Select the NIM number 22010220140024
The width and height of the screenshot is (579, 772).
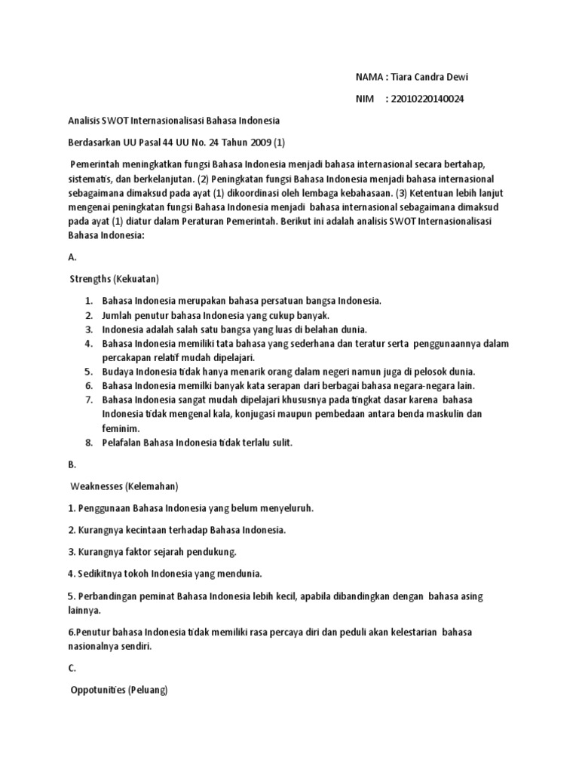pyautogui.click(x=424, y=99)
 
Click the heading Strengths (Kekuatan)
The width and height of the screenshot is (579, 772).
pyautogui.click(x=114, y=278)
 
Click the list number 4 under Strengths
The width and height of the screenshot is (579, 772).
pyautogui.click(x=88, y=344)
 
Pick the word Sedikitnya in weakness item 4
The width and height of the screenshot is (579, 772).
pyautogui.click(x=100, y=574)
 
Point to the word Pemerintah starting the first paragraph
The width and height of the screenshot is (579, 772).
pyautogui.click(x=99, y=164)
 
